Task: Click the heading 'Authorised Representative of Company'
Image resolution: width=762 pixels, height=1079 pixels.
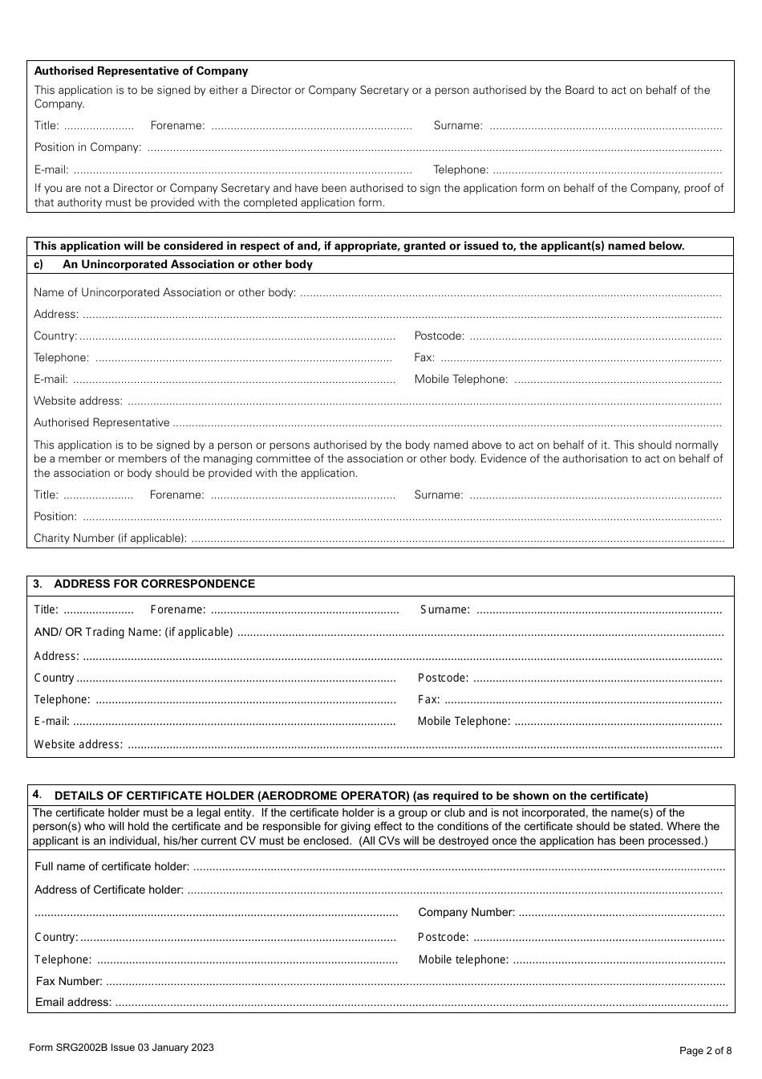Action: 141,71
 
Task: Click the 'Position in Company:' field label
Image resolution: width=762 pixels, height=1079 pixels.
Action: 87,148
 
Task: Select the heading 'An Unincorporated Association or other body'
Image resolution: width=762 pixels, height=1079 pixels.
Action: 188,265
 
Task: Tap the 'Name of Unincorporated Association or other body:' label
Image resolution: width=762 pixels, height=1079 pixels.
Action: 164,293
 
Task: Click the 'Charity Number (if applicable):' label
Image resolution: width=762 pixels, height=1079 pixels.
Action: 110,539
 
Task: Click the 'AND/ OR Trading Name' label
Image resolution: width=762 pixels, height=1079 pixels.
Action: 133,633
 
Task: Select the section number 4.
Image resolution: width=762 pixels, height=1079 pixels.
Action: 37,795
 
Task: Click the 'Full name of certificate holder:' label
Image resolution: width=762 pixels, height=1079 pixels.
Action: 112,867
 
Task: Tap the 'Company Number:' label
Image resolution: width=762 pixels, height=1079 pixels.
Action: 467,913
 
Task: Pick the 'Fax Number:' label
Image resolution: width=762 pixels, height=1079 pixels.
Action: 69,982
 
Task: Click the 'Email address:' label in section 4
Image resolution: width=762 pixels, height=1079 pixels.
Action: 74,1003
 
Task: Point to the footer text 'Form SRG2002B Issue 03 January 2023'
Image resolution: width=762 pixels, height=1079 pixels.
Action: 121,1048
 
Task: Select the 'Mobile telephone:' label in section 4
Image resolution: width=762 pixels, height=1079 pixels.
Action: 464,960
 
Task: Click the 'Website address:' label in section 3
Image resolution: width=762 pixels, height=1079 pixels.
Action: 79,745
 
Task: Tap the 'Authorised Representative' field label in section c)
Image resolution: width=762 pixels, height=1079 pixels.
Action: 102,423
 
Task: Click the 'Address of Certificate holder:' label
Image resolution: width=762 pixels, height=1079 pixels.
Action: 109,890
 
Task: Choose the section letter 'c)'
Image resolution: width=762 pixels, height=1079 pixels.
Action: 39,265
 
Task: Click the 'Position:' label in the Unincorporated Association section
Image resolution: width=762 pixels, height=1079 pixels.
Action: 55,517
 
